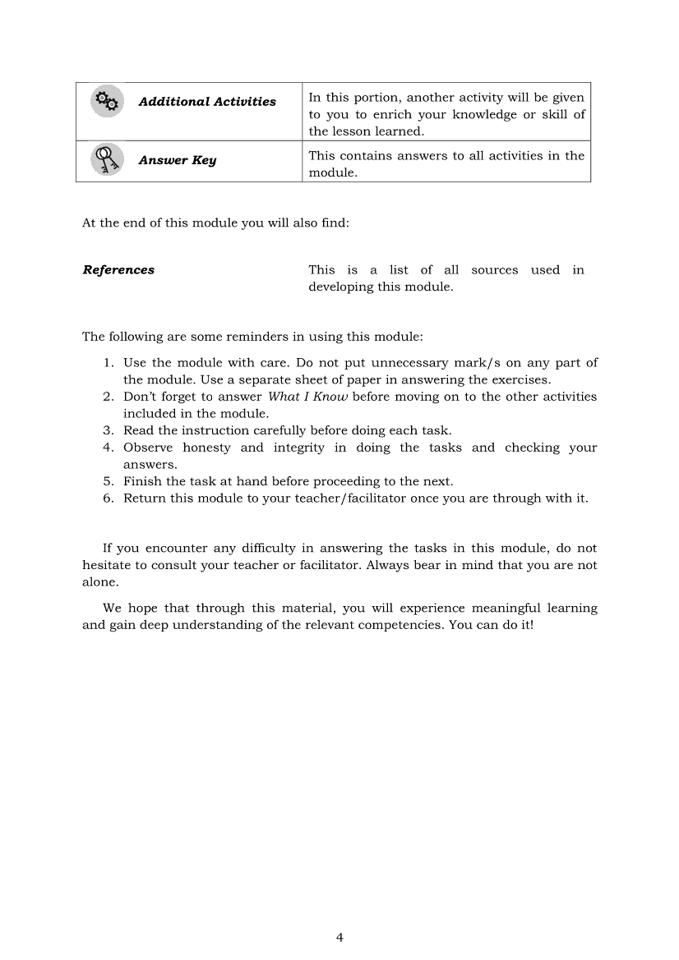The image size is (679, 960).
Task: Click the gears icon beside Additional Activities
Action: click(107, 101)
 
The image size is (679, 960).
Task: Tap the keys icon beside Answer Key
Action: click(107, 158)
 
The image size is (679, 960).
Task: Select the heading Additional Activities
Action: click(207, 102)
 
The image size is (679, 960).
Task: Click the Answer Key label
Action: click(178, 160)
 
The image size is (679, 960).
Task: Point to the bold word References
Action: click(118, 270)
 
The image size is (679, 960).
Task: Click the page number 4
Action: click(339, 938)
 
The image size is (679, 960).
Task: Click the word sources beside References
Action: click(495, 270)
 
